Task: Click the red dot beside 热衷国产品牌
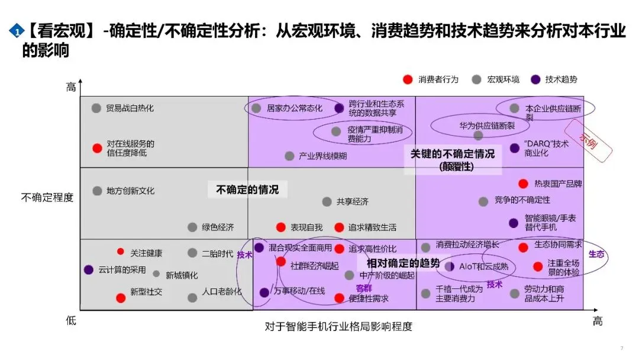tap(523, 184)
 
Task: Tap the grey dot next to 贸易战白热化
tap(96, 108)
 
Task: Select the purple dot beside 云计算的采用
tap(89, 269)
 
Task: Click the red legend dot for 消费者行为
tap(407, 79)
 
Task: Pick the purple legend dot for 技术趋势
tap(535, 79)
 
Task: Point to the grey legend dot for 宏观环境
tap(477, 79)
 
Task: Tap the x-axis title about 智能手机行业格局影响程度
tap(338, 326)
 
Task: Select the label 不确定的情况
tap(247, 189)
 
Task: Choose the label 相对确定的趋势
tap(404, 263)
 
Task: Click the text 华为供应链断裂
tap(487, 126)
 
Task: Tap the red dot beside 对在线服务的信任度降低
tap(97, 148)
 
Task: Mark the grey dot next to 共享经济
tap(327, 201)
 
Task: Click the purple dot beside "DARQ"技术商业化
tap(515, 148)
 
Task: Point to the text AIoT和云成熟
tap(483, 266)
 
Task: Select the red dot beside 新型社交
tap(121, 298)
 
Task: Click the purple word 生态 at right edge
tap(596, 254)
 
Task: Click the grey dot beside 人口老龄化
tap(192, 298)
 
